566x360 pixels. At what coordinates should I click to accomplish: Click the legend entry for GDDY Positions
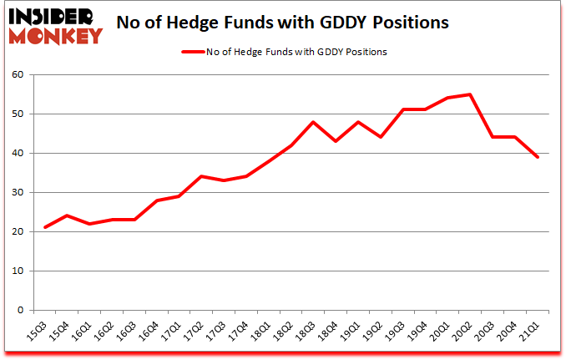tap(284, 52)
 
